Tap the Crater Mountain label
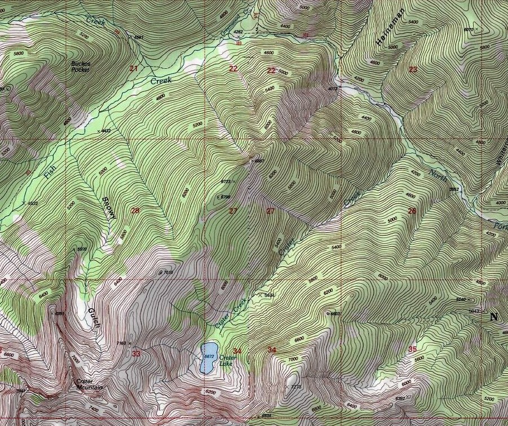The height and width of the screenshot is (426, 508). tap(90, 384)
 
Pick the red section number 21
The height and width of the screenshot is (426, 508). tap(134, 69)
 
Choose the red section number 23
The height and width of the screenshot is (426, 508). tap(413, 69)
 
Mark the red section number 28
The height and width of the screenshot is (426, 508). tap(135, 211)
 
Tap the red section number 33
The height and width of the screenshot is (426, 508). tap(136, 354)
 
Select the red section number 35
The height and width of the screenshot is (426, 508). tap(413, 349)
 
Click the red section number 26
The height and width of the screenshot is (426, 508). tap(412, 211)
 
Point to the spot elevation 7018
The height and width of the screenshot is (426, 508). tap(169, 272)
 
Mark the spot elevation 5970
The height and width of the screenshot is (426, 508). tap(83, 249)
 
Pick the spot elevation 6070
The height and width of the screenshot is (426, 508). tap(469, 29)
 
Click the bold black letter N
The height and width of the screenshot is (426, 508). tap(494, 317)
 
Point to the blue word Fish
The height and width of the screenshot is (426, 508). tap(50, 170)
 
